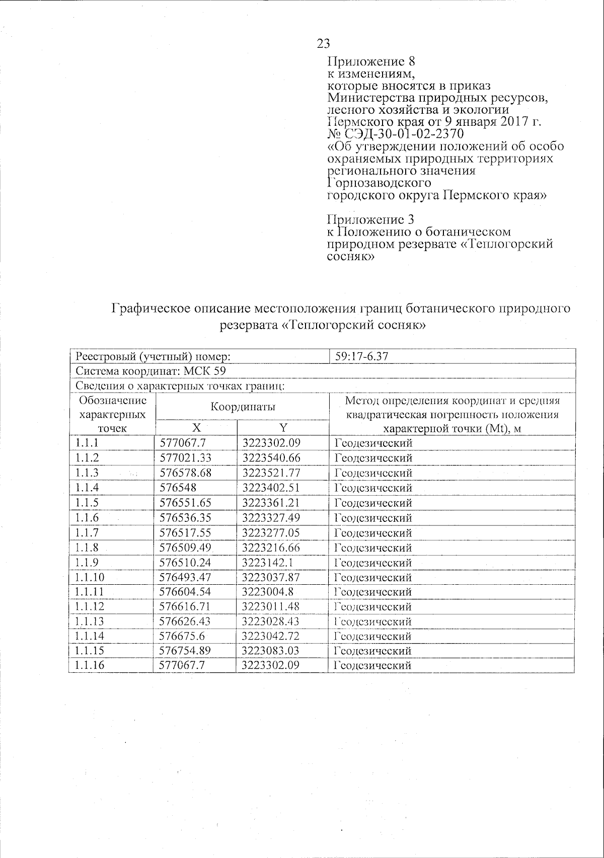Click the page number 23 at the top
pos(324,43)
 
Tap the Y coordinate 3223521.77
pos(271,473)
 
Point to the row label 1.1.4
pos(87,488)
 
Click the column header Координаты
pos(243,407)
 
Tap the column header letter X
pos(196,428)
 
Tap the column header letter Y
pos(283,428)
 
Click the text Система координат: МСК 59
pos(150,371)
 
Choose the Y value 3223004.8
pos(267,592)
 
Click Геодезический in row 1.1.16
pos(373,666)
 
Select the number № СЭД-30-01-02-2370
pos(395,134)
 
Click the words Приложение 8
pos(371,62)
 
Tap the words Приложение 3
pos(371,219)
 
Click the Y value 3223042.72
pos(271,636)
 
